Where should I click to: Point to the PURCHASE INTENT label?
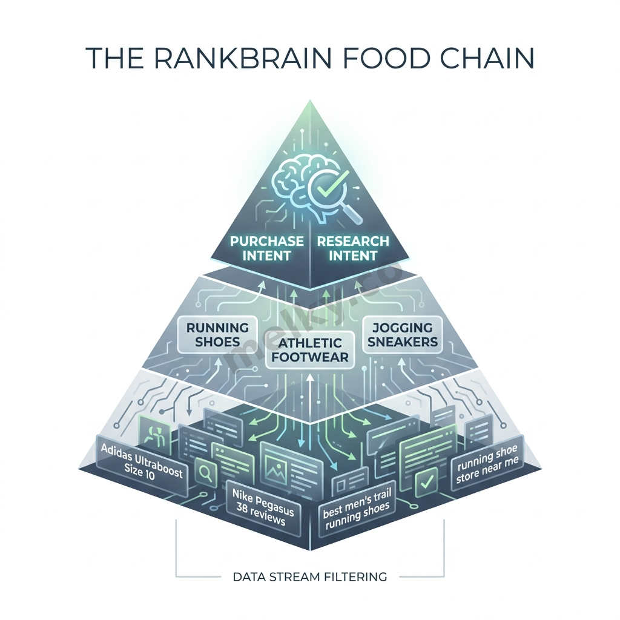[267, 248]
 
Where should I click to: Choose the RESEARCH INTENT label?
[353, 248]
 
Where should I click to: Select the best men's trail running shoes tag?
[358, 507]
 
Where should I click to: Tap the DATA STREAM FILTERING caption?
[310, 576]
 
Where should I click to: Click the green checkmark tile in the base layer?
[426, 481]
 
